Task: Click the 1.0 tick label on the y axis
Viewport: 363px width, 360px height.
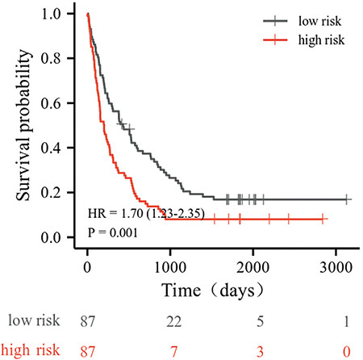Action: [x=52, y=14]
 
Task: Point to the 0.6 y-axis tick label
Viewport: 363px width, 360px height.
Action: [x=52, y=103]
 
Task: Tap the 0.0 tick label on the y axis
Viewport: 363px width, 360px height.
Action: [x=52, y=237]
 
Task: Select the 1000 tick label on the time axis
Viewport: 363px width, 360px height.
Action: [x=170, y=267]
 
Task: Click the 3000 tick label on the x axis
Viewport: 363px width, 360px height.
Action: [x=336, y=267]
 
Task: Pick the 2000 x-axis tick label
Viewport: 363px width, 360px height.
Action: [x=253, y=267]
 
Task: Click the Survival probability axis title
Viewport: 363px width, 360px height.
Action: [x=23, y=125]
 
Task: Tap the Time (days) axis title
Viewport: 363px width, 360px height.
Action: [x=213, y=291]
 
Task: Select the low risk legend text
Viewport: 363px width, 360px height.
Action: [x=319, y=21]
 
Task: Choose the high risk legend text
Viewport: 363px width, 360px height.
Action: [x=321, y=40]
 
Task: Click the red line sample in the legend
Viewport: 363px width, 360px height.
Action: [x=275, y=40]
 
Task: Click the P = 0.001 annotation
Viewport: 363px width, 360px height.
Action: [x=113, y=232]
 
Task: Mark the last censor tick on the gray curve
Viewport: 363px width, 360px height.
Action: [x=347, y=199]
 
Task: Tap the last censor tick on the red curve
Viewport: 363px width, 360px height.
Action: [x=323, y=220]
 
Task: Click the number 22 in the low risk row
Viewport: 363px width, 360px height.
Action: [x=173, y=321]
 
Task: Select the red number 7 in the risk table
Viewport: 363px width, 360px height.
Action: [x=173, y=351]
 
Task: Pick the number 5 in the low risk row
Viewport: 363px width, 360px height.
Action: [x=260, y=322]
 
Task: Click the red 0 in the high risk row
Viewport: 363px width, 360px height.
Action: [x=347, y=351]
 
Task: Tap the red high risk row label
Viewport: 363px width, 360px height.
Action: [x=31, y=350]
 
